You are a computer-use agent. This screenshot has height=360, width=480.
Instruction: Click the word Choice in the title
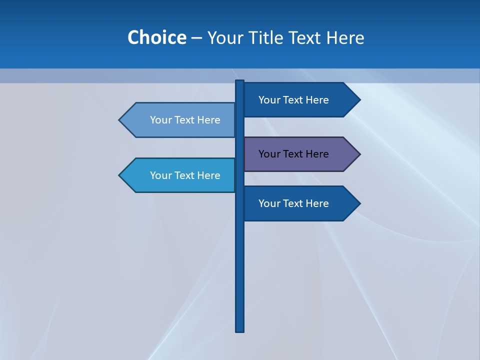pyautogui.click(x=156, y=37)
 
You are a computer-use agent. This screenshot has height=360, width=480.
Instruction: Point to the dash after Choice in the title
pyautogui.click(x=196, y=38)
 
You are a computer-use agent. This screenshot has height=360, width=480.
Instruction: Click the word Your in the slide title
pyautogui.click(x=224, y=37)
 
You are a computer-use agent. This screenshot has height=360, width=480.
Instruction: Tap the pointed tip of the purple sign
pyautogui.click(x=359, y=154)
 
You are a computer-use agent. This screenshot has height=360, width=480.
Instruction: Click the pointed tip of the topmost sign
pyautogui.click(x=359, y=100)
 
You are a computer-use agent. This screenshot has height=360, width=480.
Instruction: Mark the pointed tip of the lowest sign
pyautogui.click(x=359, y=203)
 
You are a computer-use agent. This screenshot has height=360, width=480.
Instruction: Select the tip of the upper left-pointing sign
pyautogui.click(x=120, y=120)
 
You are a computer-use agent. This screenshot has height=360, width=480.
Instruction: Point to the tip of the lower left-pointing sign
pyautogui.click(x=120, y=175)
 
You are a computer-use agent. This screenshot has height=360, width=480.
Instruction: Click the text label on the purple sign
pyautogui.click(x=293, y=154)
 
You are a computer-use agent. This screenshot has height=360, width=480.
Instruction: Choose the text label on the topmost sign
pyautogui.click(x=293, y=100)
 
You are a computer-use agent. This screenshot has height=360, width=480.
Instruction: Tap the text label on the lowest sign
pyautogui.click(x=293, y=203)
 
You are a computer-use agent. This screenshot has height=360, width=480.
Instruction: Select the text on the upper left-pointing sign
pyautogui.click(x=185, y=120)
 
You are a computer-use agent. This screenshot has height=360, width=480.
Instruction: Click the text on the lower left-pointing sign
pyautogui.click(x=185, y=175)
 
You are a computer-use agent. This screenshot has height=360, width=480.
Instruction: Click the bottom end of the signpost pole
pyautogui.click(x=240, y=330)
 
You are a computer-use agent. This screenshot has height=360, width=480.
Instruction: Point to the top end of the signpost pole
pyautogui.click(x=240, y=82)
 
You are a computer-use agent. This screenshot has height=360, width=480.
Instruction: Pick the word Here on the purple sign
pyautogui.click(x=317, y=154)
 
